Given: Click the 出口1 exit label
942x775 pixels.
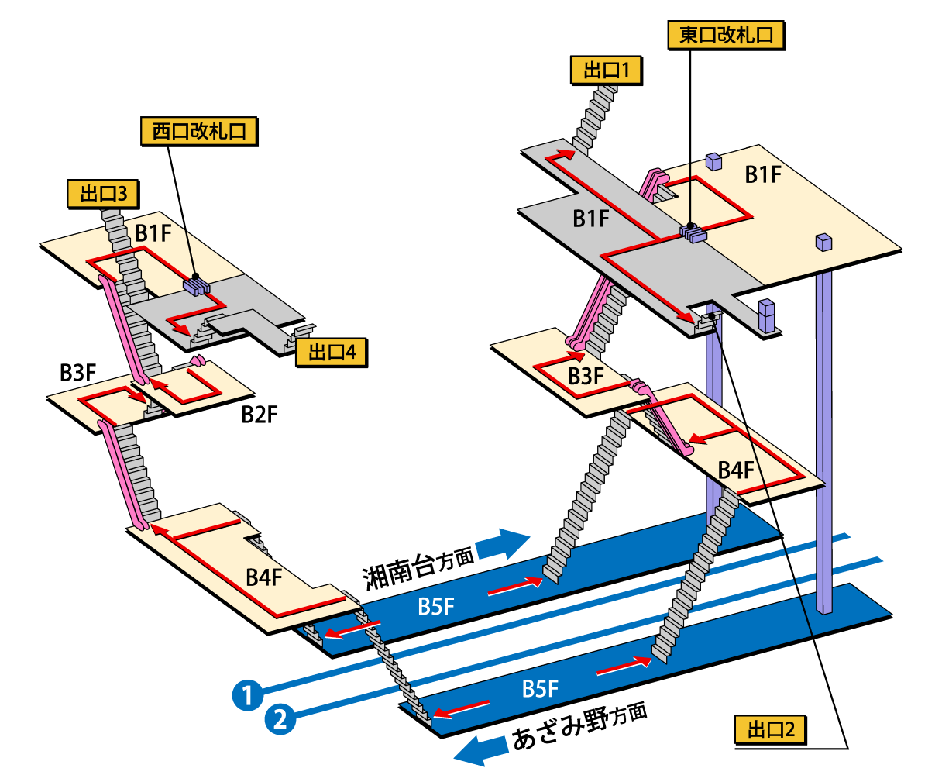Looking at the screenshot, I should [606, 71].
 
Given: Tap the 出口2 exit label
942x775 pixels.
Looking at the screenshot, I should [770, 730].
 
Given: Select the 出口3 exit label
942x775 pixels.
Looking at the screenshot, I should [103, 194].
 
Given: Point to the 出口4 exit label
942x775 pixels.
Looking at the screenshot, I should [331, 353].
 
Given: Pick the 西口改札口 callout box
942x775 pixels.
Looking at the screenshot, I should [198, 131].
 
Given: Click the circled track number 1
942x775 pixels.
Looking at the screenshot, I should [247, 694].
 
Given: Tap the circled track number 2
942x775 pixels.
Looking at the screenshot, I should [280, 719].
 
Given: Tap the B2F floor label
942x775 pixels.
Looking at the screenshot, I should [259, 415].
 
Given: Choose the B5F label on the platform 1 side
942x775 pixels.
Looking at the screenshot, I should [435, 606].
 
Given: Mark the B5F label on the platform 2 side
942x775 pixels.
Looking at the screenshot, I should [540, 688].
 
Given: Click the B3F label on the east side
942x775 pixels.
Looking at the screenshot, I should [585, 377].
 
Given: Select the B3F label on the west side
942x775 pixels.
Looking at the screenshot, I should [77, 373].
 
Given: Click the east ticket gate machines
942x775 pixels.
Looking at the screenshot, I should [693, 232].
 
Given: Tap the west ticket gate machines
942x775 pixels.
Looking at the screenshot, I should [196, 287].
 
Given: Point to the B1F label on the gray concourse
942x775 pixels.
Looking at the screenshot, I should [591, 219].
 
